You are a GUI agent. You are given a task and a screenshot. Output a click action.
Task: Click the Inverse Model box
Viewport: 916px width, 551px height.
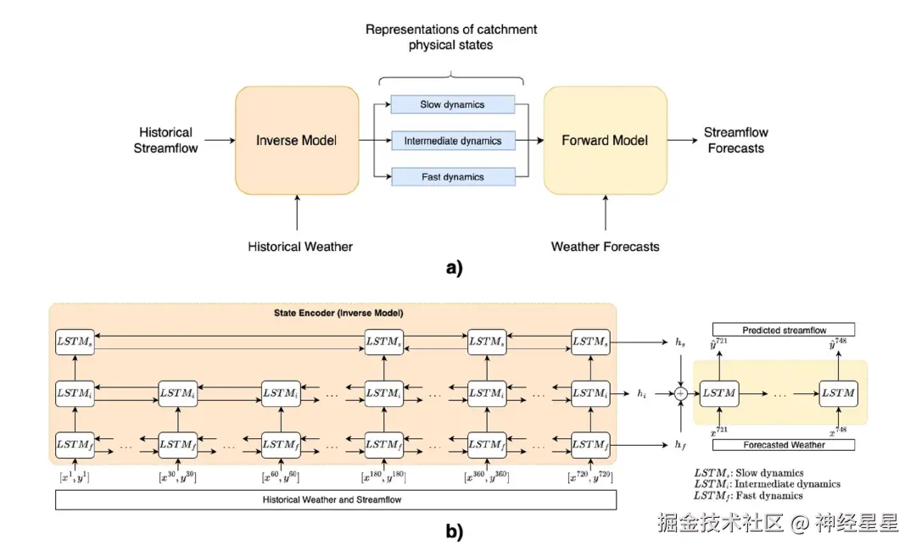pyautogui.click(x=297, y=140)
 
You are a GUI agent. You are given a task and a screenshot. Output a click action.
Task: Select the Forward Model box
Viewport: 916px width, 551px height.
pyautogui.click(x=605, y=140)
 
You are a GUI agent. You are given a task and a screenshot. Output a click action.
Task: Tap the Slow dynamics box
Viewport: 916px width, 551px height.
pyautogui.click(x=453, y=105)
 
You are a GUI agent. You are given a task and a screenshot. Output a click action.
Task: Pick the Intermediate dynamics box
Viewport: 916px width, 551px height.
pyautogui.click(x=453, y=141)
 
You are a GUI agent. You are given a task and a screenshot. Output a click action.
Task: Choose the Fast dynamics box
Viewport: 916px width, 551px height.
pyautogui.click(x=453, y=177)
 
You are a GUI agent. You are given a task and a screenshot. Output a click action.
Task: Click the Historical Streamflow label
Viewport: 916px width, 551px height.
pyautogui.click(x=166, y=140)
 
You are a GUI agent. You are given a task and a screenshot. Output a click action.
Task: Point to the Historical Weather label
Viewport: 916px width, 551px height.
pyautogui.click(x=300, y=247)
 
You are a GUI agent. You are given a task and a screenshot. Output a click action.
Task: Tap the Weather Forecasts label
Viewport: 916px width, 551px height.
pyautogui.click(x=605, y=247)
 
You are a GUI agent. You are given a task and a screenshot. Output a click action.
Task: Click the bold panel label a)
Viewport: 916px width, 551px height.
pyautogui.click(x=455, y=269)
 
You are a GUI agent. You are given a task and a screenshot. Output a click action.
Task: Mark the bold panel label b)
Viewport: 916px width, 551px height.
pyautogui.click(x=455, y=532)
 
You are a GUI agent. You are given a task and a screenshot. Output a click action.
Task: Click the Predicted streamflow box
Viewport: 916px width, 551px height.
pyautogui.click(x=784, y=330)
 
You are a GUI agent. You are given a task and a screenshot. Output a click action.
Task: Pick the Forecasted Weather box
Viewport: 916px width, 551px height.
pyautogui.click(x=784, y=444)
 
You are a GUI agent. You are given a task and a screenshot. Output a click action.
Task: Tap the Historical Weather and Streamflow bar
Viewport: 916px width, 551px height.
pyautogui.click(x=336, y=500)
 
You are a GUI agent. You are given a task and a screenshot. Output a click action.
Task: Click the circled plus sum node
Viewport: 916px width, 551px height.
pyautogui.click(x=681, y=393)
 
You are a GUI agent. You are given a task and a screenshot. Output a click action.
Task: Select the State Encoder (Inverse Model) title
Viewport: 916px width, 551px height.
pyautogui.click(x=333, y=314)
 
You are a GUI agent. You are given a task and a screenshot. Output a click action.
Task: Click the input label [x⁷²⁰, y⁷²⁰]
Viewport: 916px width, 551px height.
pyautogui.click(x=589, y=476)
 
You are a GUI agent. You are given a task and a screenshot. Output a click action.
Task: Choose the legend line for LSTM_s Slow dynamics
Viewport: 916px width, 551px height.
pyautogui.click(x=749, y=473)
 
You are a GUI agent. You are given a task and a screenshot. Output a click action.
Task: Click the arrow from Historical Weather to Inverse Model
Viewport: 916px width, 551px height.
pyautogui.click(x=297, y=212)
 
